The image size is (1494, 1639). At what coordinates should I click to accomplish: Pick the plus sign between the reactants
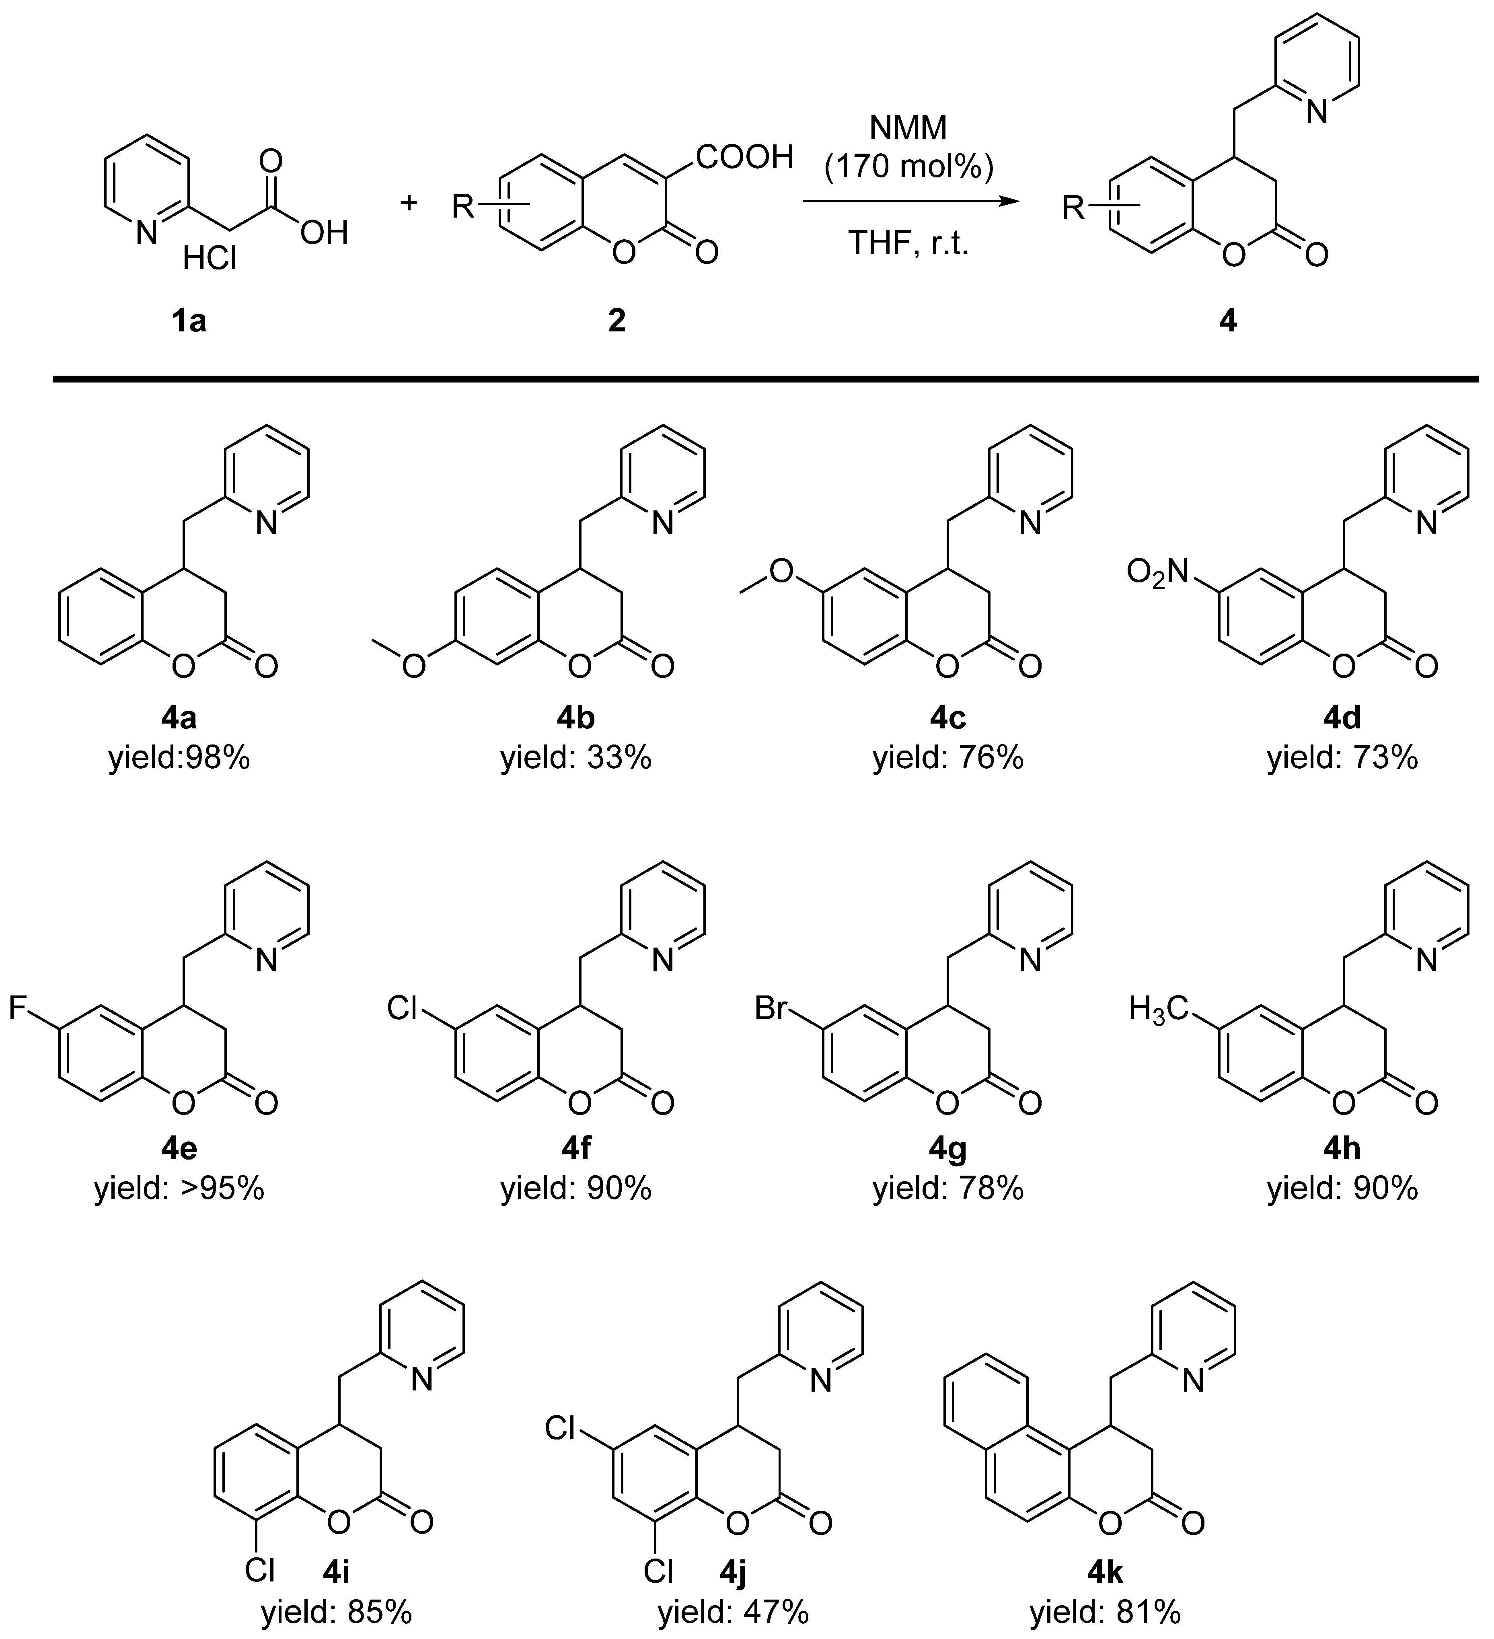(x=409, y=202)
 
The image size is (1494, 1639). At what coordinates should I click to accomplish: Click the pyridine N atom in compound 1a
(x=146, y=233)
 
